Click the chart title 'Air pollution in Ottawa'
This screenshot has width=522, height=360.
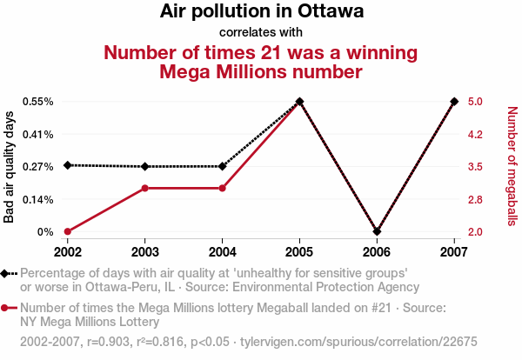pos(261,12)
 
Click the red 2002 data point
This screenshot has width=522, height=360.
pos(68,231)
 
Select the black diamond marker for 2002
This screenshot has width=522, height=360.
pos(68,165)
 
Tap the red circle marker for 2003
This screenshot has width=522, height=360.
pos(145,188)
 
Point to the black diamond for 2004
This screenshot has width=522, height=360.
pos(223,166)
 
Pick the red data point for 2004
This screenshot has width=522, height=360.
pos(223,188)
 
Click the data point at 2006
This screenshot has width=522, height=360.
pos(377,231)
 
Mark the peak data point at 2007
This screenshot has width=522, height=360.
pos(454,102)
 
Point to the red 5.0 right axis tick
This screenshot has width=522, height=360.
pos(474,102)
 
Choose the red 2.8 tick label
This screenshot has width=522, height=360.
pos(474,199)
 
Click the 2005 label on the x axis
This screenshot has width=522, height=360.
pos(299,252)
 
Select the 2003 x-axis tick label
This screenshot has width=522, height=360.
pos(145,252)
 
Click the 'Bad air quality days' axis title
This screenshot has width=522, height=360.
pos(10,167)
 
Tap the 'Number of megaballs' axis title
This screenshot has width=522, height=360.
pos(512,166)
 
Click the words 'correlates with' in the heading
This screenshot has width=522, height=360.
pos(261,32)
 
